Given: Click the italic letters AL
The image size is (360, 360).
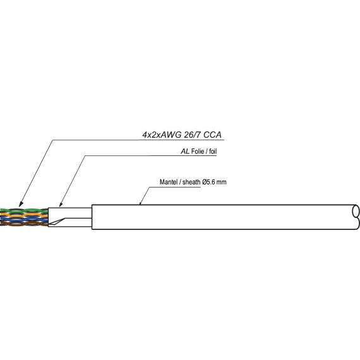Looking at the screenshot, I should point(185,152).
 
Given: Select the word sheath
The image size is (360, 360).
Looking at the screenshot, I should point(192,182).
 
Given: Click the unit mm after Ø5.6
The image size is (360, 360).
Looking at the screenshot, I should point(222,182).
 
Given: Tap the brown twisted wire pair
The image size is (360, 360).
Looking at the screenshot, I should point(25,224).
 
